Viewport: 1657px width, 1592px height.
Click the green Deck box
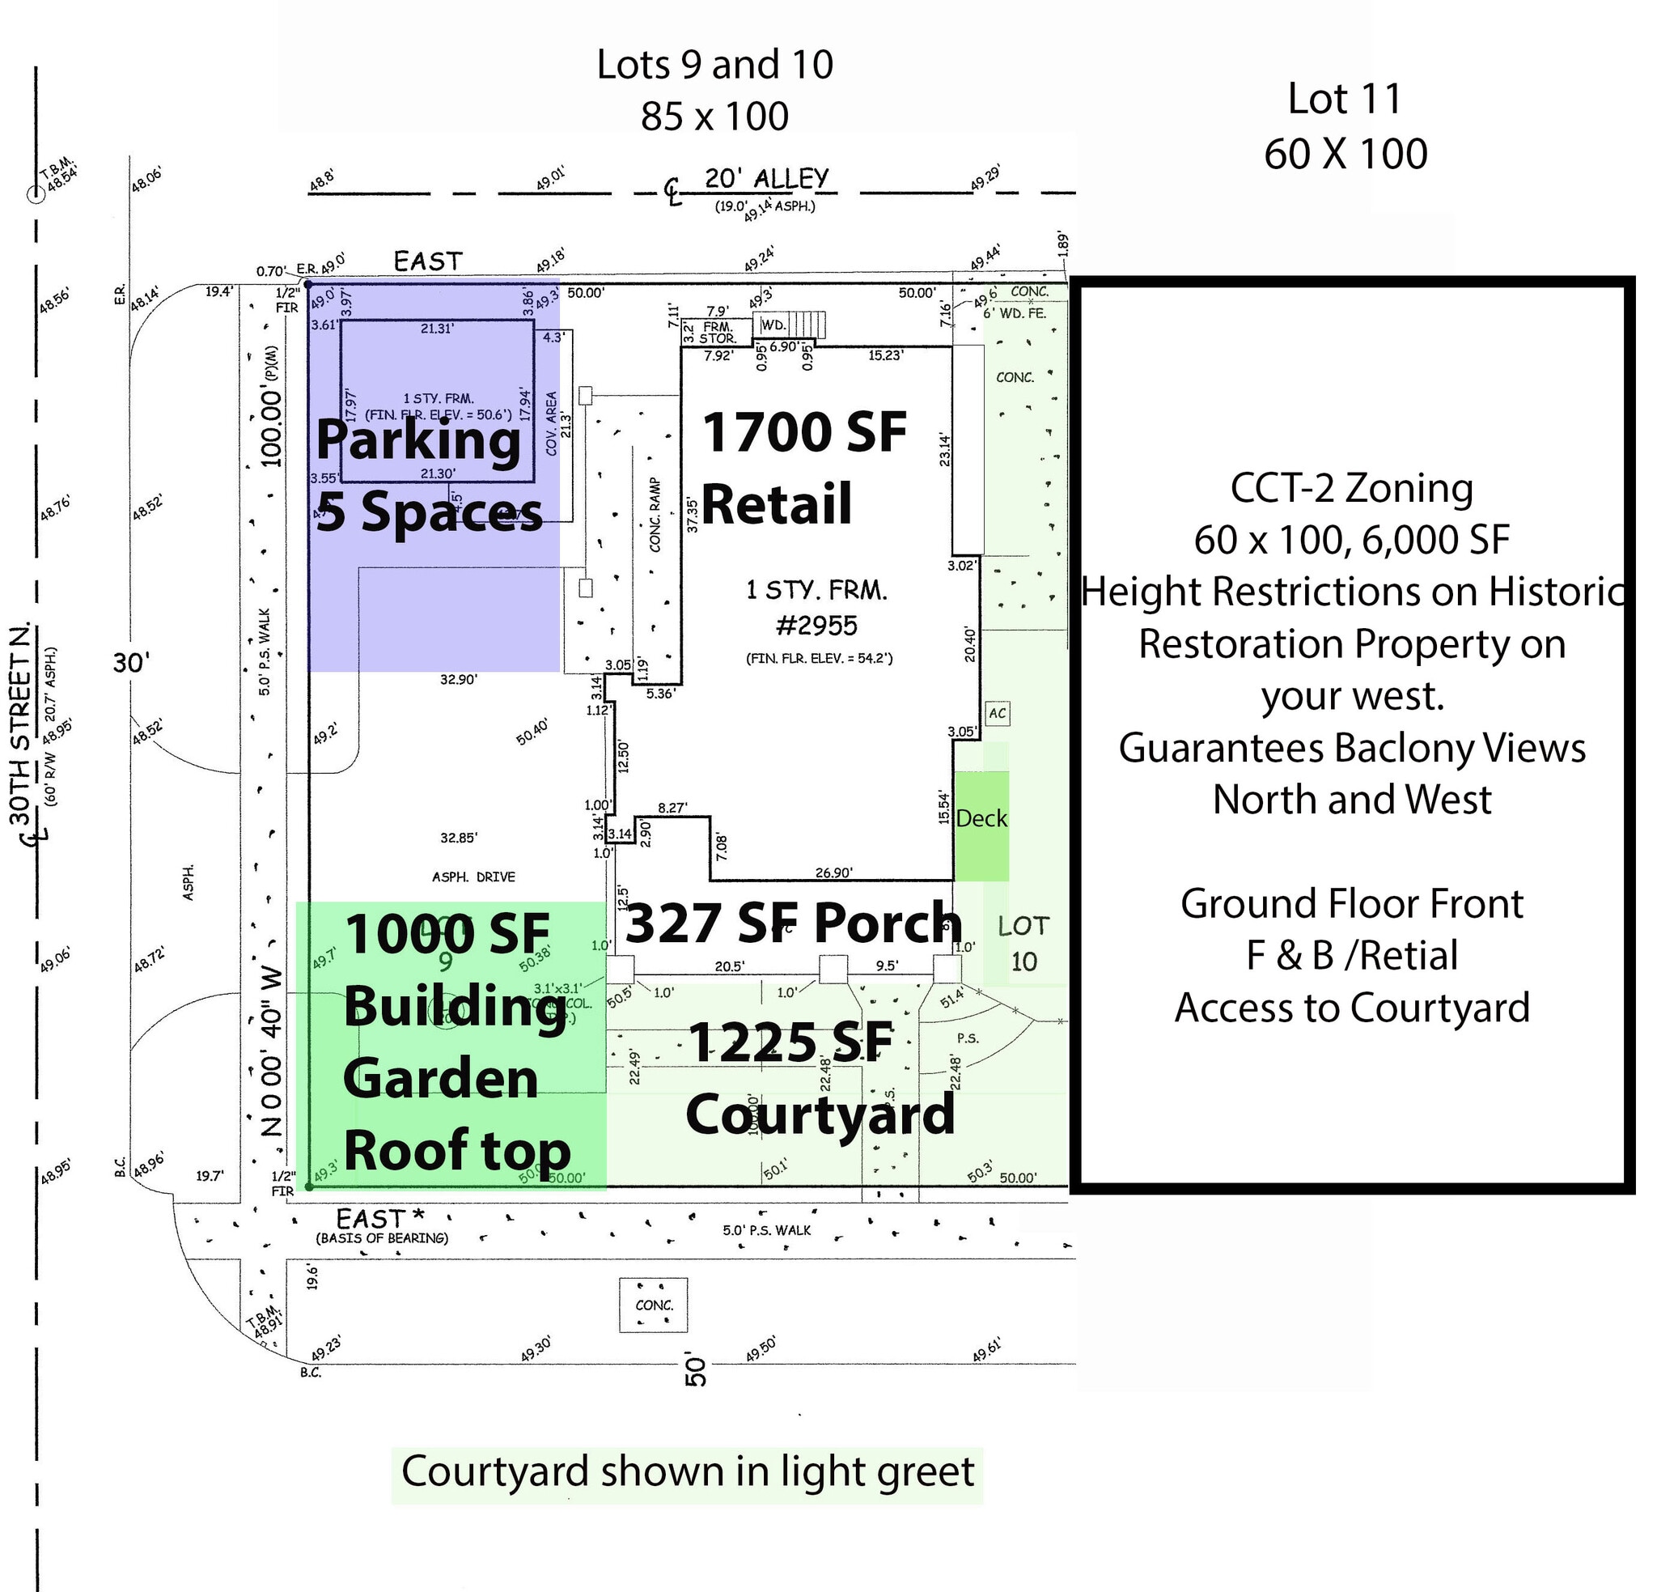tap(981, 825)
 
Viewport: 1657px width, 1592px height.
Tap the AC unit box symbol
tap(998, 713)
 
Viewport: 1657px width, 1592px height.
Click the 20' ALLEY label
tap(766, 179)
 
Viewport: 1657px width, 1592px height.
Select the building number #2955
tap(816, 625)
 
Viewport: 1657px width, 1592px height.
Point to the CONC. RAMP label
tap(656, 514)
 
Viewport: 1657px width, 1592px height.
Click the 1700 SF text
tap(804, 432)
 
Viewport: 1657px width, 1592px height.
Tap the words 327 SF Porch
tap(793, 922)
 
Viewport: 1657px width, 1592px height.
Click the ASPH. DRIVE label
tap(473, 877)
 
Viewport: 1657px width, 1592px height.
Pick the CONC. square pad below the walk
tap(654, 1305)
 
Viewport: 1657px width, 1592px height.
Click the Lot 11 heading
tap(1344, 99)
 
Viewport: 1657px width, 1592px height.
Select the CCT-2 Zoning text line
tap(1351, 488)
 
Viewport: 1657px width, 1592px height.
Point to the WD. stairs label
tap(773, 325)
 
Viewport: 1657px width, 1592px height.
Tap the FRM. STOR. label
tap(718, 332)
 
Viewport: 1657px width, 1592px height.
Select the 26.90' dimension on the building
tap(833, 872)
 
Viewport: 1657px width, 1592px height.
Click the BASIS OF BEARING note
tap(381, 1238)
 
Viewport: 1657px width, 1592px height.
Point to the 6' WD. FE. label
tap(1015, 313)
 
